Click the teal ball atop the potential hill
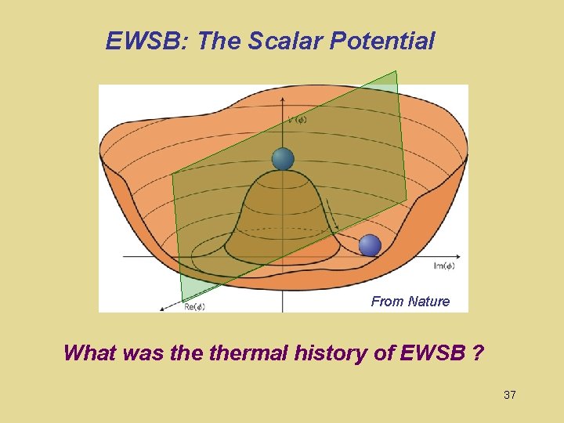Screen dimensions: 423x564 coord(283,159)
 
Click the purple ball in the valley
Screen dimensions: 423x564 coord(370,245)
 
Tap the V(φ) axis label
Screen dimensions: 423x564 coord(297,120)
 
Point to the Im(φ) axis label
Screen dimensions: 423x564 coord(443,266)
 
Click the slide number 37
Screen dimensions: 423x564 coord(510,395)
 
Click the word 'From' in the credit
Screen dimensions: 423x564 coord(387,302)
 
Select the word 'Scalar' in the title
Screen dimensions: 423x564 coord(287,41)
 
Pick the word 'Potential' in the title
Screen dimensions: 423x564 coord(382,41)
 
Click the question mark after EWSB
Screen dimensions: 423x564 coord(477,352)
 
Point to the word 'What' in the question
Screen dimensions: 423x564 coord(90,352)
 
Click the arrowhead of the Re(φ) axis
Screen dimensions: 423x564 coord(161,310)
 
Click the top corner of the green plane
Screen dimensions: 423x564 coord(396,71)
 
